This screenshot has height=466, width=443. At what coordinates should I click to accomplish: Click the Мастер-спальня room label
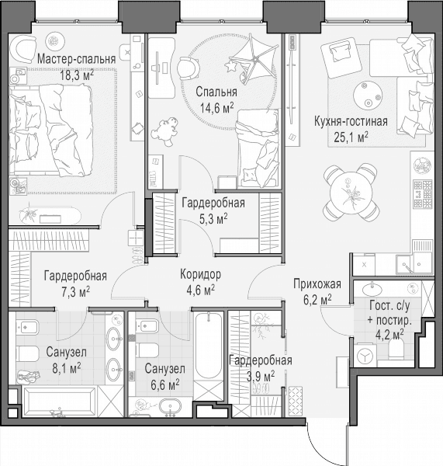point(76,59)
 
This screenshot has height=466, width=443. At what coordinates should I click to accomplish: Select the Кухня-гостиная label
point(351,122)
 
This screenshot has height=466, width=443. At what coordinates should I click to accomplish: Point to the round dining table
point(351,193)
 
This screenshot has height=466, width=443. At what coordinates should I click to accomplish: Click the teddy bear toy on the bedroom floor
point(165,130)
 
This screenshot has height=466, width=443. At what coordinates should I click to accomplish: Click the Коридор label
point(200,274)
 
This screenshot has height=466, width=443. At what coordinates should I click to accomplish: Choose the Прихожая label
point(317,283)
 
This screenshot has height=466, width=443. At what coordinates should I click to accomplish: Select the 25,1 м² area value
point(351,137)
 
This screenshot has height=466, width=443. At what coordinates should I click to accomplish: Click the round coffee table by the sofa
point(368,96)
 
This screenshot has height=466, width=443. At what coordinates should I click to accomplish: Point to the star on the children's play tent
point(230,66)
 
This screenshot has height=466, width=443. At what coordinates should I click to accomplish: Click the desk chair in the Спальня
point(189,68)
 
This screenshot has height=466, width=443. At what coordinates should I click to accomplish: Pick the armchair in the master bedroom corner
point(22,50)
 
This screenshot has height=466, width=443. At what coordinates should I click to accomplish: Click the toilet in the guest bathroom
point(396,349)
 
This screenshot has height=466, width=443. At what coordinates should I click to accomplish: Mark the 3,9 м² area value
point(261,376)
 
